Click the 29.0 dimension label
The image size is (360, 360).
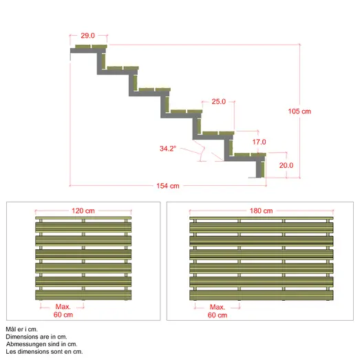click(x=87, y=36)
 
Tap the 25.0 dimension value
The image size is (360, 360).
click(x=219, y=101)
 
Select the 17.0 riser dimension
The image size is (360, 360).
click(x=260, y=142)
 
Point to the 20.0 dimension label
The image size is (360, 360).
click(x=286, y=165)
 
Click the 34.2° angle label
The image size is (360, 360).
click(x=168, y=149)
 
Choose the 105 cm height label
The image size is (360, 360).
click(x=299, y=112)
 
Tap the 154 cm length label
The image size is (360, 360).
click(x=168, y=186)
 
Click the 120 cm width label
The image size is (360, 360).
click(x=83, y=211)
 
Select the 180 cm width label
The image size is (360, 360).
click(x=262, y=211)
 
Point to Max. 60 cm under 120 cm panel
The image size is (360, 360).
click(x=63, y=310)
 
